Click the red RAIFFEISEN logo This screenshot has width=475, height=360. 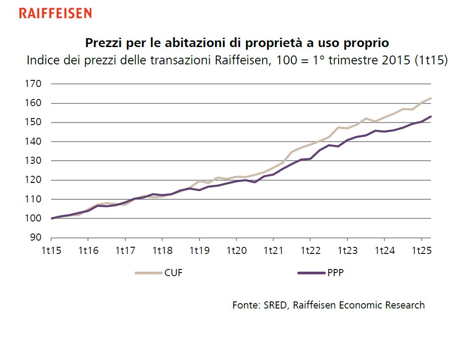[x=55, y=13]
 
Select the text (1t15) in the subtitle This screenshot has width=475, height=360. [x=431, y=60]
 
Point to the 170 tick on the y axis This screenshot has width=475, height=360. [x=34, y=84]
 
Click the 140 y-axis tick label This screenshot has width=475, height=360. [x=34, y=142]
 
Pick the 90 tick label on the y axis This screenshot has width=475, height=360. [x=36, y=238]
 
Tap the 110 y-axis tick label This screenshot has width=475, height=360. [x=34, y=199]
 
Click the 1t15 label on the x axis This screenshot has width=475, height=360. [x=51, y=251]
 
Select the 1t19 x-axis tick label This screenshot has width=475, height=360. [x=199, y=251]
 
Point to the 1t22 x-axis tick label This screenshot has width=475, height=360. [x=310, y=251]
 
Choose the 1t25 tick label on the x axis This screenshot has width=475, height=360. [x=421, y=251]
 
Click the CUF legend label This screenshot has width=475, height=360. [x=173, y=273]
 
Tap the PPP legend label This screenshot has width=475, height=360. [x=335, y=273]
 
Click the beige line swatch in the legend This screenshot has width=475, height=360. [x=148, y=273]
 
